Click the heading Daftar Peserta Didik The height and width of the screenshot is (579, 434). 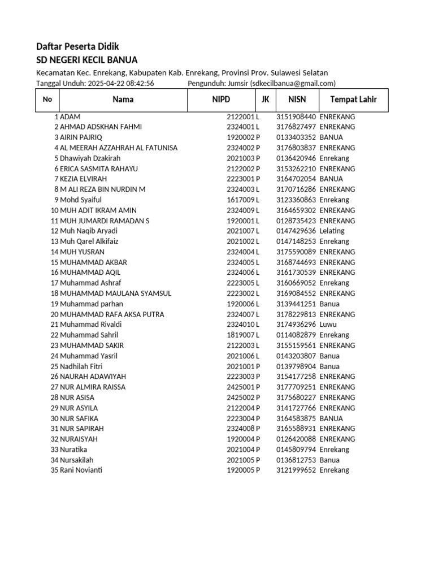77,46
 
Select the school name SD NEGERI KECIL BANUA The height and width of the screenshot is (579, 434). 86,60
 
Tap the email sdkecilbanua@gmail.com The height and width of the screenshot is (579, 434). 292,83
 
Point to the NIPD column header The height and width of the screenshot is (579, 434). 221,100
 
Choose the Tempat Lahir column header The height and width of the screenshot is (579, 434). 353,100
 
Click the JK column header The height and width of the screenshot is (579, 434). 265,100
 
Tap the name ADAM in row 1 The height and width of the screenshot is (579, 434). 70,116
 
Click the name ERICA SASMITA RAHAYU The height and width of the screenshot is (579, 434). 99,168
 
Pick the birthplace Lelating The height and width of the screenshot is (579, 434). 332,231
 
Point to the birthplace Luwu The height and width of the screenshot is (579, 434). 328,325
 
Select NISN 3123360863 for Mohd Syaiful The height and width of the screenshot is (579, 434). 296,200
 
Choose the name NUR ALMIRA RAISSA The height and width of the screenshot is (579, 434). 93,387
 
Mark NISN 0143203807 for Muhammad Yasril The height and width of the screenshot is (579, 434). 296,356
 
